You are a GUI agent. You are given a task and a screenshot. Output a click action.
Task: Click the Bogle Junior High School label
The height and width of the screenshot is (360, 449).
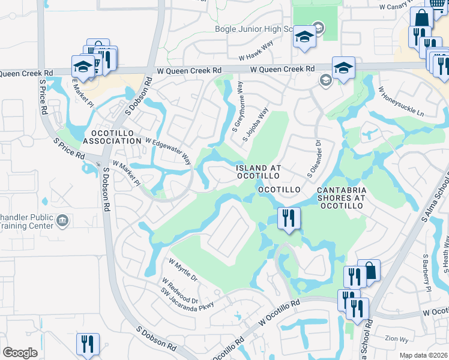[x=261, y=29]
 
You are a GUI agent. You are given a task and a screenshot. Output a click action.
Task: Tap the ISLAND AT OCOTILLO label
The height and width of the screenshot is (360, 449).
[x=257, y=172]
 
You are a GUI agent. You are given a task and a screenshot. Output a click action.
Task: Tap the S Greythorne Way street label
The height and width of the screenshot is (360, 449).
[x=238, y=107]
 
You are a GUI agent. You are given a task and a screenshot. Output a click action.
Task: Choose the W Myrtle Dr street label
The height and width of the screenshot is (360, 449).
[x=183, y=270]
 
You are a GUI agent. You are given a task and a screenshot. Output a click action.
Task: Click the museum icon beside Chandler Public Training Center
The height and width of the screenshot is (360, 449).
[x=61, y=222]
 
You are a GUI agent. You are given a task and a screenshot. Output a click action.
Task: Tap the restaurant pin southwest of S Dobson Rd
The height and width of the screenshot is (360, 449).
[x=88, y=344]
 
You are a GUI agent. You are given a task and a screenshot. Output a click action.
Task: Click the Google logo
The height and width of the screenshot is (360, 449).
[x=20, y=352]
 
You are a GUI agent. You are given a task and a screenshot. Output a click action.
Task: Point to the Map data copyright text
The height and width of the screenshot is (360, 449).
[x=423, y=355]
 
